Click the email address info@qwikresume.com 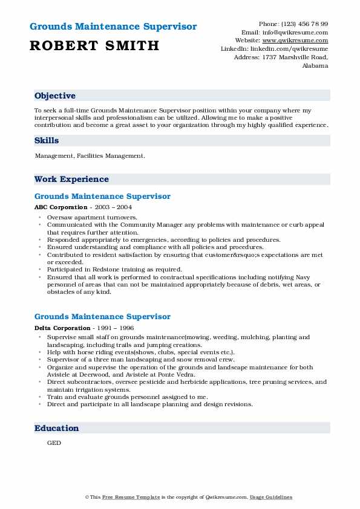[301, 32]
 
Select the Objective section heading [55, 96]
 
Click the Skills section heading [47, 140]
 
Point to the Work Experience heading [71, 179]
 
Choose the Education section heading [57, 428]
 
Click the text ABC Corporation [57, 207]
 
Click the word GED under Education [54, 443]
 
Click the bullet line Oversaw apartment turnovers [92, 216]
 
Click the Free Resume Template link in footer [123, 498]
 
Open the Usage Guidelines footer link [272, 498]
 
